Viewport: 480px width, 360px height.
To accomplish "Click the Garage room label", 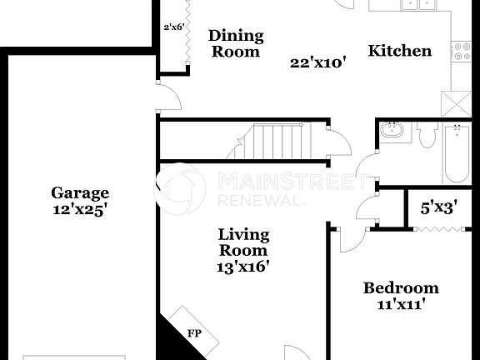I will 80,192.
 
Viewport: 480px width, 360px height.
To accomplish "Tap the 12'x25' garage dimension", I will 80,210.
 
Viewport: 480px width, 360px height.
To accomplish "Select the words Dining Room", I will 235,43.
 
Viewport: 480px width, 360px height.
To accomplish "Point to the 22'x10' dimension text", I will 317,62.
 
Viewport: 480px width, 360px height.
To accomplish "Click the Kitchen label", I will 400,51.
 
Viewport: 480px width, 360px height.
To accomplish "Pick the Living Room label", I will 243,242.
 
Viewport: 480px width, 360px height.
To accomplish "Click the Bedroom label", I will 400,288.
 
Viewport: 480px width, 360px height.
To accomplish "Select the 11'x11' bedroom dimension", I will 400,305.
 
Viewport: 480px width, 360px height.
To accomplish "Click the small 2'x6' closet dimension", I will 173,27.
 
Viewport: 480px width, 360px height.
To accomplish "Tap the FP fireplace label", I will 194,334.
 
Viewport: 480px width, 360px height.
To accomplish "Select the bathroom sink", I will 392,132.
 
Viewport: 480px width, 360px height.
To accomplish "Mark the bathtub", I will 457,154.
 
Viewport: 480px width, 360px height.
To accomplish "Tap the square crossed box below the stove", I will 457,103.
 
